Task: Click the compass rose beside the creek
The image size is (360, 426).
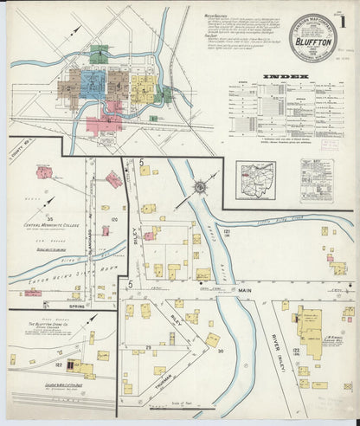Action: (200, 185)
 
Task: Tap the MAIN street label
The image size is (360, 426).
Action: (245, 295)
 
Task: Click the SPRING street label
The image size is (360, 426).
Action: (63, 307)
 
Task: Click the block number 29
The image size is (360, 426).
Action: (147, 345)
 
